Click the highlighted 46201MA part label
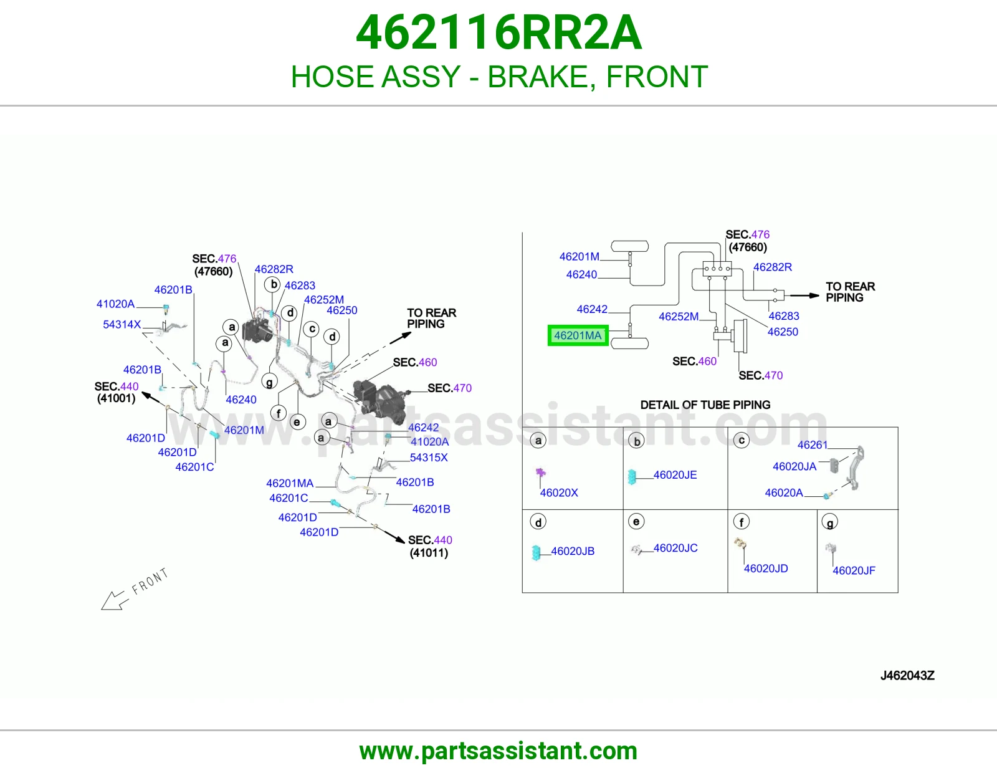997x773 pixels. click(578, 335)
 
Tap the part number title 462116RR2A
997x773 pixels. click(499, 32)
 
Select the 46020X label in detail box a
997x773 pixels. click(559, 492)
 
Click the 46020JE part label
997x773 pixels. click(675, 474)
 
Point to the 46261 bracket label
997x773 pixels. click(812, 445)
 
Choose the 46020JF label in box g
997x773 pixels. click(854, 570)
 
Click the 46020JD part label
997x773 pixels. click(766, 569)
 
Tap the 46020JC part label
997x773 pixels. click(675, 548)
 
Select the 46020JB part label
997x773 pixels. click(573, 551)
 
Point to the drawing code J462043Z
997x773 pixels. click(907, 676)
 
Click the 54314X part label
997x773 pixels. click(122, 324)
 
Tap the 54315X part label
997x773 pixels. click(429, 457)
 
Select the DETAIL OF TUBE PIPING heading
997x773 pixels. click(705, 405)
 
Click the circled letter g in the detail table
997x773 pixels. click(829, 522)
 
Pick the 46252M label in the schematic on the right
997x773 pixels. click(679, 316)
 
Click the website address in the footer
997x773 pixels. click(499, 751)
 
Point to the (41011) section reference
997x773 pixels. click(429, 553)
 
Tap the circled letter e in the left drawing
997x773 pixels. click(297, 422)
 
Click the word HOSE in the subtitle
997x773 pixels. click(336, 77)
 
